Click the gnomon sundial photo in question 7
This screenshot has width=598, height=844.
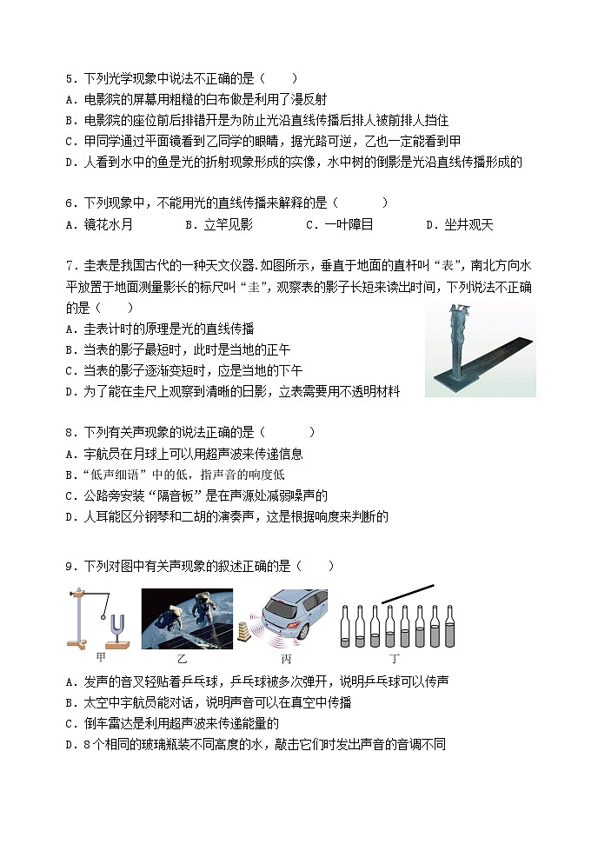coord(480,349)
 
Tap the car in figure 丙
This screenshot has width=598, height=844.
coord(291,616)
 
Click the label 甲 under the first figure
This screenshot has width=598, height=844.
coord(101,658)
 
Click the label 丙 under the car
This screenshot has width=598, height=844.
coord(286,660)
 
